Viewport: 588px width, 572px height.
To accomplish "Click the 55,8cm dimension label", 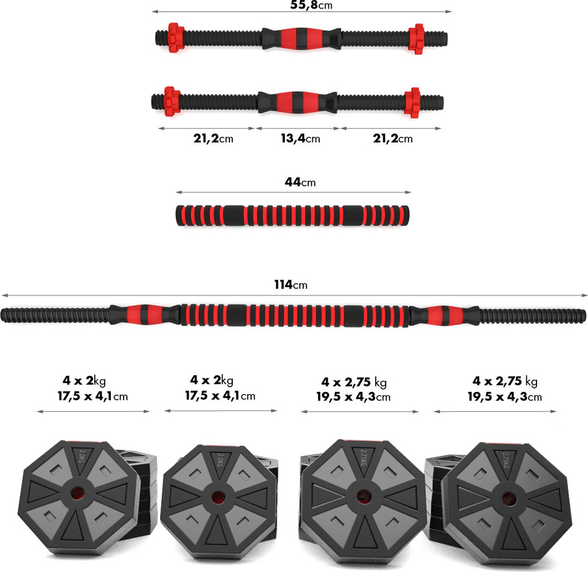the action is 311,5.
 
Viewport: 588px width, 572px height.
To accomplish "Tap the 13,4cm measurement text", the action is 300,139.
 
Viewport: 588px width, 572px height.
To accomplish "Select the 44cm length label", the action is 300,182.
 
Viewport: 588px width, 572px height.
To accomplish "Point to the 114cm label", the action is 291,285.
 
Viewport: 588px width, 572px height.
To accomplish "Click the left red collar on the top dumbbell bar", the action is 174,38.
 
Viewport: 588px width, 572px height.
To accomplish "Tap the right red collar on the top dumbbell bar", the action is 416,39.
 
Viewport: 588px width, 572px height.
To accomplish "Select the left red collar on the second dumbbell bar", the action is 170,101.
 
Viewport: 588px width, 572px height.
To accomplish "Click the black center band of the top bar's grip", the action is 301,38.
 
